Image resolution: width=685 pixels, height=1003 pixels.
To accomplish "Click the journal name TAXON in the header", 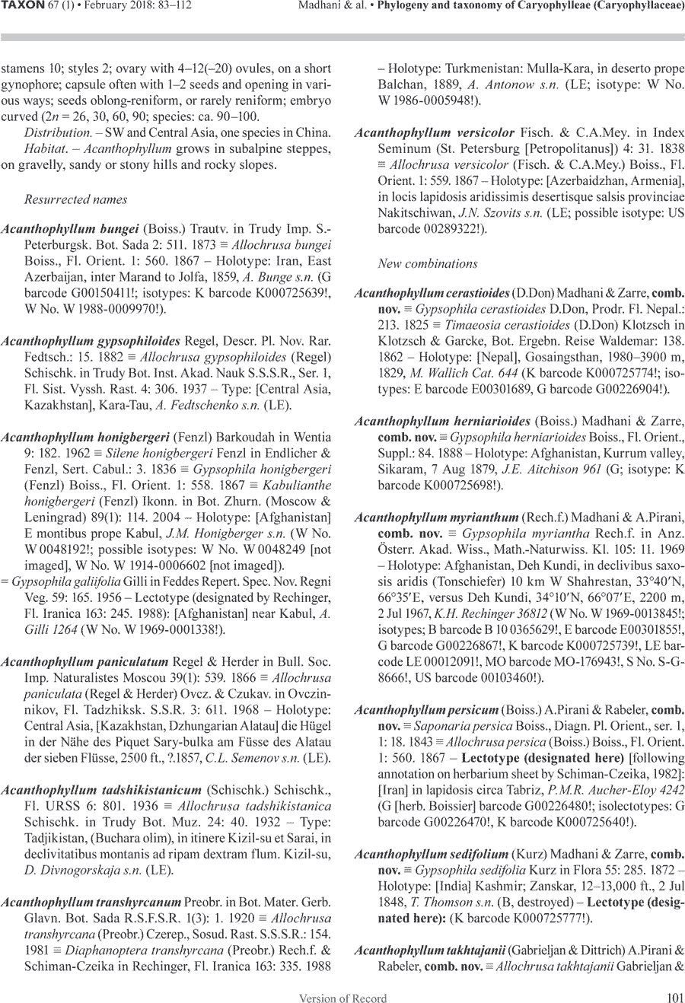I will [23, 7].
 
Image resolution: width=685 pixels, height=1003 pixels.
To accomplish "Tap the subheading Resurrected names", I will [75, 200].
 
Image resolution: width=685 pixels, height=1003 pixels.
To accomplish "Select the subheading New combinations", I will [427, 264].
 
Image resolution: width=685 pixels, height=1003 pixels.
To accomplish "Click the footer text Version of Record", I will [342, 998].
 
